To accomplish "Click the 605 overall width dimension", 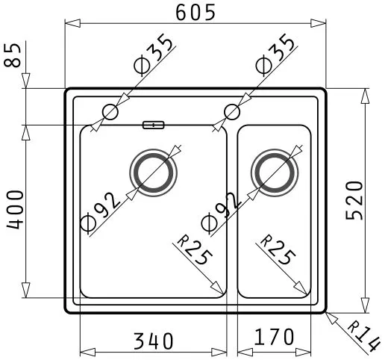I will coord(195,12).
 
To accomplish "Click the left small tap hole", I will coord(110,112).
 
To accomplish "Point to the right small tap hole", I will coord(232,112).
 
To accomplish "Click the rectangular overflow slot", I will coord(154,125).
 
